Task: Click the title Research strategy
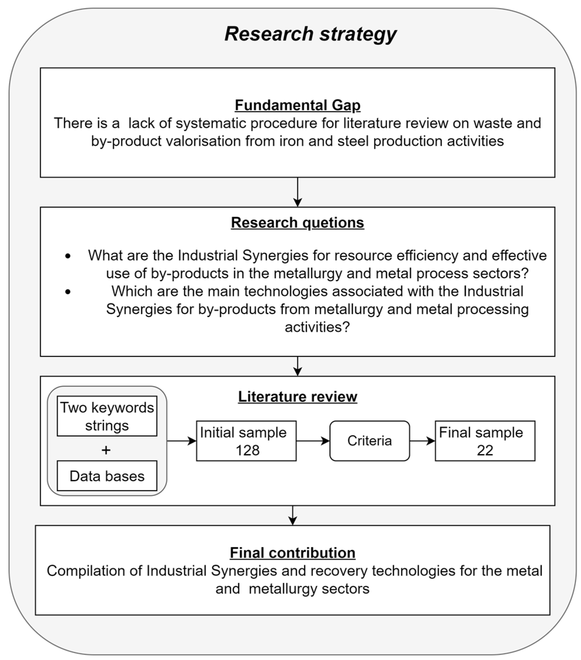310,34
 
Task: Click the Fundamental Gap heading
297,105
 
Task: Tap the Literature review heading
297,396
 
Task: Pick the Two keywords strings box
107,416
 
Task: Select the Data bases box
107,476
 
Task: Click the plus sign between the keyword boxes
106,450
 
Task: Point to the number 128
247,450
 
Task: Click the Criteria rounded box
369,441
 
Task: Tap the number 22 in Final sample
485,450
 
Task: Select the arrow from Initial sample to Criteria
312,441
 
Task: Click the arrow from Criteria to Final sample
422,441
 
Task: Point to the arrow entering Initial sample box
182,441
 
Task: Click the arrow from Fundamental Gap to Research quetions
297,192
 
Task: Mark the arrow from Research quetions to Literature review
297,366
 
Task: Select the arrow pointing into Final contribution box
292,515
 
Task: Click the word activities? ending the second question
317,327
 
